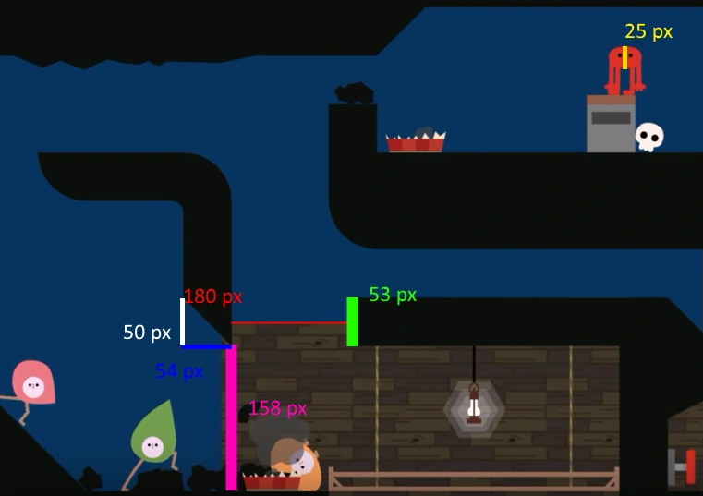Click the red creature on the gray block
tap(624, 69)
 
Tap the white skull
tap(649, 137)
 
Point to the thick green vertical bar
tap(352, 321)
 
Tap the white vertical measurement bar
tap(182, 321)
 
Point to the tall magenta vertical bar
tap(231, 417)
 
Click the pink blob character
tap(32, 382)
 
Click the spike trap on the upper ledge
tap(415, 141)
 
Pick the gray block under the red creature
tap(610, 124)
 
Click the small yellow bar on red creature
tap(625, 57)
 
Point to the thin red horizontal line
tap(288, 323)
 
